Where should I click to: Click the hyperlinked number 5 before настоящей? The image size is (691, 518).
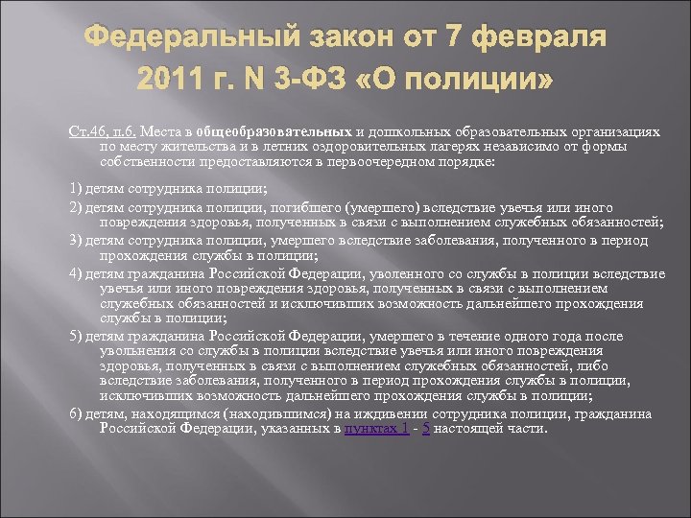click(x=426, y=429)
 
